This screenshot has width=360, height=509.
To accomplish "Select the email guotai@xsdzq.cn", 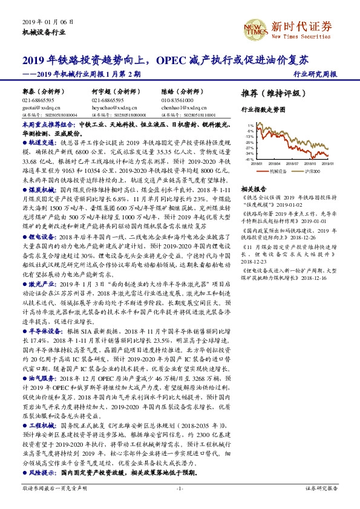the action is (38, 106).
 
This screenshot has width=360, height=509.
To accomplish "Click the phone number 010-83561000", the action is (178, 100).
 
